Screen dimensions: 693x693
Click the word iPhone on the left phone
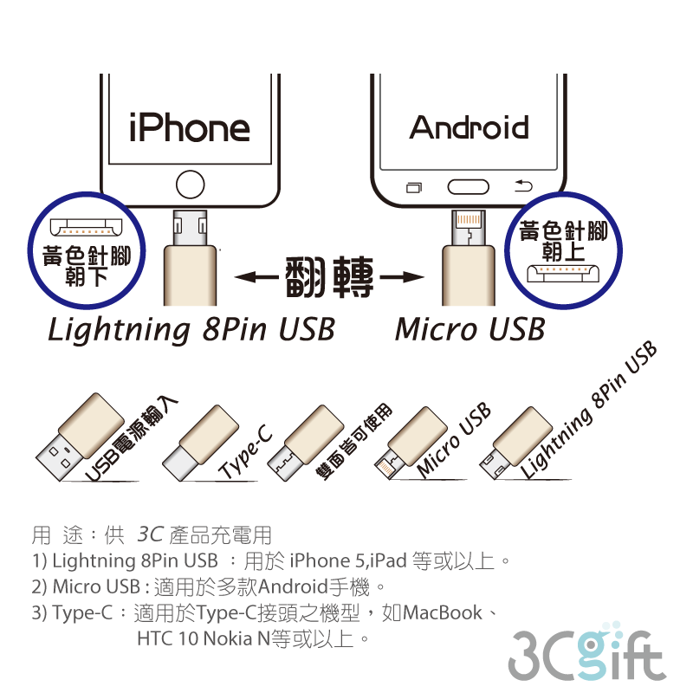pos(189,127)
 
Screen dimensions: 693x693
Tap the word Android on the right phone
pos(469,127)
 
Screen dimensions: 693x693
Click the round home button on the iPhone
pos(190,184)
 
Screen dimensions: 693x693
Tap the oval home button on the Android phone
pos(468,185)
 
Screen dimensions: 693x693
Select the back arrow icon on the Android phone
pos(522,185)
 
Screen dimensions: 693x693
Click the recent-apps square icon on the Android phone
pos(414,186)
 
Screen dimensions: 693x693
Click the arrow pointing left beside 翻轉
pos(255,278)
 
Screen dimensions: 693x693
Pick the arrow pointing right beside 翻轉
pos(403,278)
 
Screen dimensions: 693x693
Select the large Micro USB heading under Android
pos(470,330)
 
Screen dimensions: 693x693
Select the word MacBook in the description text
pos(443,613)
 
